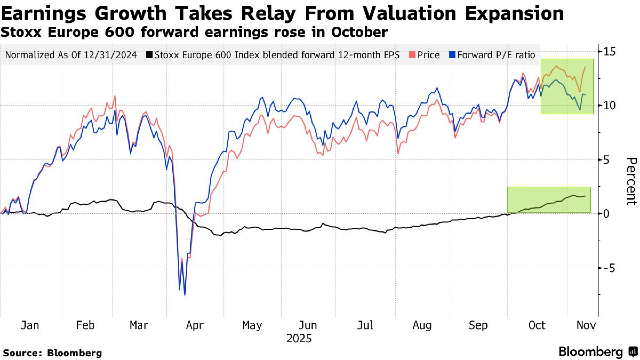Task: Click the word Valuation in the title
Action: point(409,13)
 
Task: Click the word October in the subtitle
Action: point(359,32)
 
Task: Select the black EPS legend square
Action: point(149,54)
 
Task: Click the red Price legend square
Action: point(412,54)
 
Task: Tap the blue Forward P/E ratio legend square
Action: point(452,54)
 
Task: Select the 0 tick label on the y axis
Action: point(606,214)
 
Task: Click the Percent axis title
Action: point(631,181)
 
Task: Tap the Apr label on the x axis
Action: point(195,325)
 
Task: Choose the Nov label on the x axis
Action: point(586,325)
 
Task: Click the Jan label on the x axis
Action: point(30,325)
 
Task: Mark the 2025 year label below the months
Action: point(299,339)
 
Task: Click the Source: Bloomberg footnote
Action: point(52,353)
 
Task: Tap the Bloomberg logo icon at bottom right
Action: point(633,352)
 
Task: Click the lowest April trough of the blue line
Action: point(185,295)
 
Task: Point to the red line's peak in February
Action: point(115,96)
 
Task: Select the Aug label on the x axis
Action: point(422,325)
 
